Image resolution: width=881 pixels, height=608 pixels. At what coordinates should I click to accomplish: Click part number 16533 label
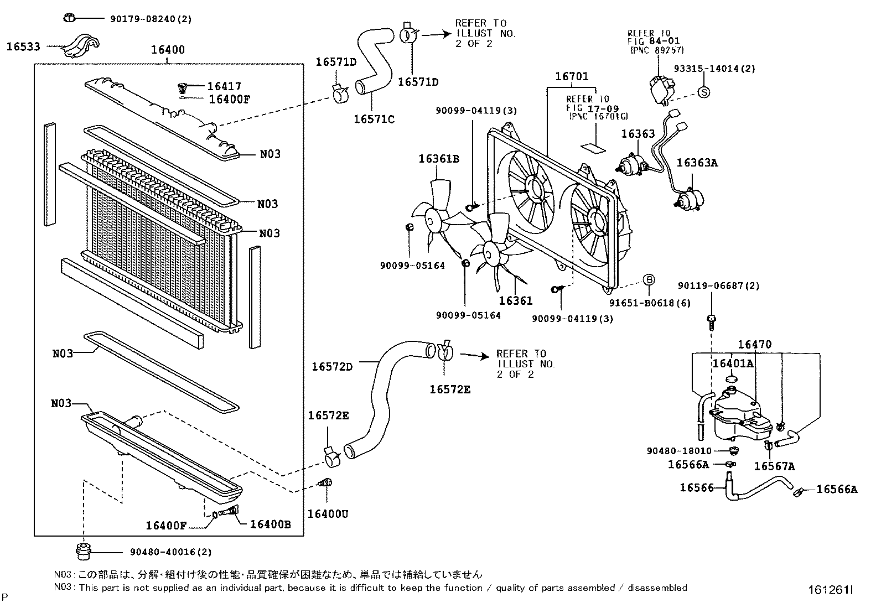[23, 47]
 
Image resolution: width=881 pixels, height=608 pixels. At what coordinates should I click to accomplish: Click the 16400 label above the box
[168, 50]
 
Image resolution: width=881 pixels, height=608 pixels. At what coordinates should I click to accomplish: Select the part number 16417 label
[224, 87]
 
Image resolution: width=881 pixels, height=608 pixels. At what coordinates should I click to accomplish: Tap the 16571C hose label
[374, 119]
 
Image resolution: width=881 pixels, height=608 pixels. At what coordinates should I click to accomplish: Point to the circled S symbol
[703, 92]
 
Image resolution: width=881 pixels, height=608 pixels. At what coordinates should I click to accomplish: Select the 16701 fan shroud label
[572, 77]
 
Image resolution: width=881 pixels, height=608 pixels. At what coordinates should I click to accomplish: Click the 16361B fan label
[439, 159]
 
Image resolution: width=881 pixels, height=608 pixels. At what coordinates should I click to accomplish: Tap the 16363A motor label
[697, 163]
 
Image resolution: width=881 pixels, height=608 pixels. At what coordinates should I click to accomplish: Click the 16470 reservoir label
[755, 345]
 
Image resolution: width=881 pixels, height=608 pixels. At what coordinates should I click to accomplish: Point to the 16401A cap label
[733, 363]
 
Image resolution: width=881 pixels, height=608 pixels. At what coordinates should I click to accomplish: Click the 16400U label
[328, 514]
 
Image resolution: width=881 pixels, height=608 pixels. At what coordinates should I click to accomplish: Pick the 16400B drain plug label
[271, 524]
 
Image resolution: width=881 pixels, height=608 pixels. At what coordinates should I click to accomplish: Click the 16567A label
[774, 466]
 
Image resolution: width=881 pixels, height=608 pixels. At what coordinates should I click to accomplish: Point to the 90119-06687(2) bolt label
[718, 286]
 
